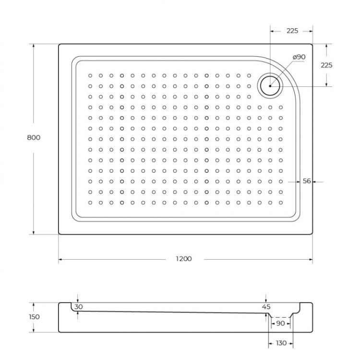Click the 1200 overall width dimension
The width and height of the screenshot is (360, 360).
183,259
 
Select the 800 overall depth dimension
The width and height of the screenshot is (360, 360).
34,137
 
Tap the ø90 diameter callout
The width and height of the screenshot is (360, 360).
299,57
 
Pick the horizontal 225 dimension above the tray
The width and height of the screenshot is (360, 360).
292,31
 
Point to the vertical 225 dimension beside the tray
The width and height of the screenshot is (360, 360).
327,65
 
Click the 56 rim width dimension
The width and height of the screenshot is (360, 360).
307,181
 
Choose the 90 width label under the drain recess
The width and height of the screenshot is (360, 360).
280,324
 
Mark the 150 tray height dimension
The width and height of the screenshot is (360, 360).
34,317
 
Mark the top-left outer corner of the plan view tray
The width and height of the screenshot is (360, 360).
59,45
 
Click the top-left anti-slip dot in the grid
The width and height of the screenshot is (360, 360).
90,75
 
